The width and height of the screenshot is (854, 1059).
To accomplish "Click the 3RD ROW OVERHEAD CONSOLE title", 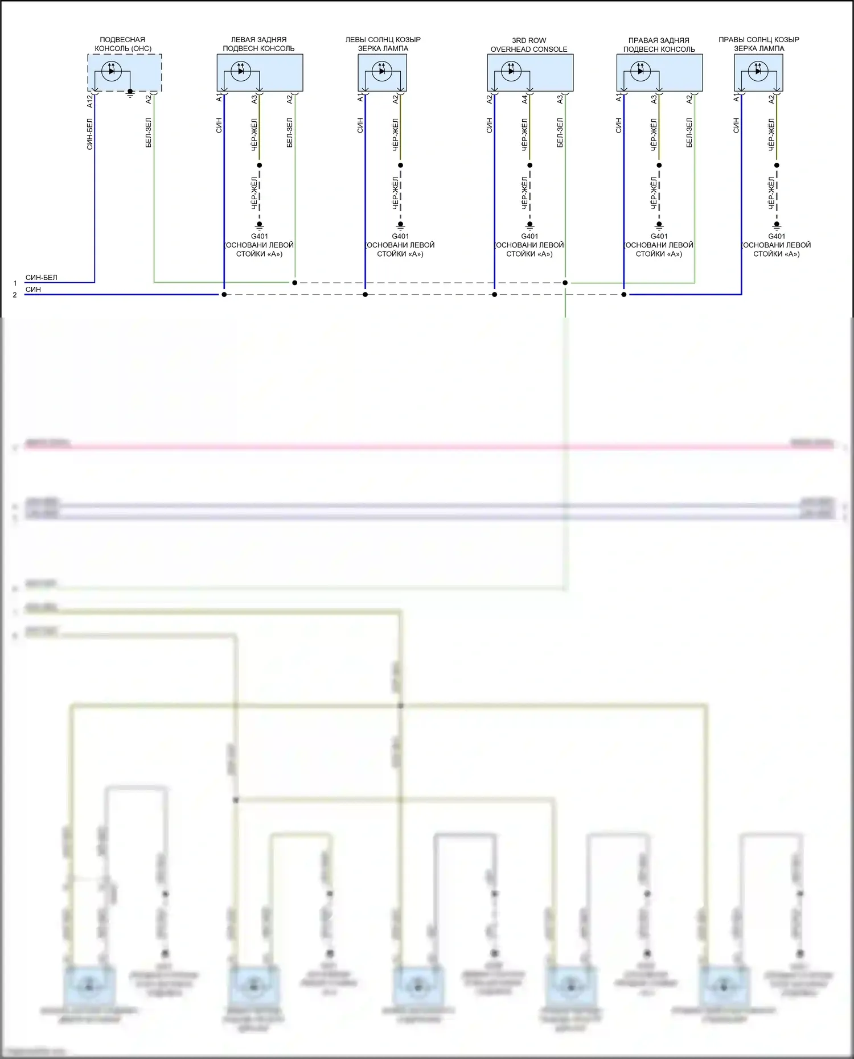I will pyautogui.click(x=529, y=45).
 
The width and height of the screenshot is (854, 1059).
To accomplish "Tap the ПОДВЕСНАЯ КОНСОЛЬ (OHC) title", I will pyautogui.click(x=123, y=44).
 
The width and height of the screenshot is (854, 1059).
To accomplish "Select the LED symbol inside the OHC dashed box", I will pyautogui.click(x=112, y=71).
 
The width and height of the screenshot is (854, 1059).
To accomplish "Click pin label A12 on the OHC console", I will pyautogui.click(x=90, y=101).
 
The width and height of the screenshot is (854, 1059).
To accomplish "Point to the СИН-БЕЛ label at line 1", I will pyautogui.click(x=41, y=278).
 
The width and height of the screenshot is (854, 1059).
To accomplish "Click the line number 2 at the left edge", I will pyautogui.click(x=15, y=295).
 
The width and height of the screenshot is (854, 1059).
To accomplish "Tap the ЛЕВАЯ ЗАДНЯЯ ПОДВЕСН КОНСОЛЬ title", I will pyautogui.click(x=258, y=44).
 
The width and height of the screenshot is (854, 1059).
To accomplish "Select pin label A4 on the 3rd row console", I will pyautogui.click(x=525, y=99).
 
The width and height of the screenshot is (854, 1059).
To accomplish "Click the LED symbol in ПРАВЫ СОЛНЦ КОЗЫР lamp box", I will pyautogui.click(x=758, y=71).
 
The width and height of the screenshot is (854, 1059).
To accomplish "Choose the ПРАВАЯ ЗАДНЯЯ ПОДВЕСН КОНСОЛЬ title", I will pyautogui.click(x=659, y=45).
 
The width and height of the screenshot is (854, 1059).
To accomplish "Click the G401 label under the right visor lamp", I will pyautogui.click(x=777, y=236).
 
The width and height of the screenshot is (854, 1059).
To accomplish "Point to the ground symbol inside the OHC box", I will pyautogui.click(x=130, y=92).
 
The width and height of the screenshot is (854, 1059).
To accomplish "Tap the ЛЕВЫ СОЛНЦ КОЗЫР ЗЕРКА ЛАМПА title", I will pyautogui.click(x=383, y=44).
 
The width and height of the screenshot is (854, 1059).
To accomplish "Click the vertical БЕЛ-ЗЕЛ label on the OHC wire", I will pyautogui.click(x=149, y=133).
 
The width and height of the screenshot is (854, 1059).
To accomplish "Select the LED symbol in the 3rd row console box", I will pyautogui.click(x=511, y=71).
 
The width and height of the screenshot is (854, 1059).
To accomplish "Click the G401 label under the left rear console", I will pyautogui.click(x=260, y=236).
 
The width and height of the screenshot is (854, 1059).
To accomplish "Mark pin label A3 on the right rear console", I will pyautogui.click(x=654, y=99).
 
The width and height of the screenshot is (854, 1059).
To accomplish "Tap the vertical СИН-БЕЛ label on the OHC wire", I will pyautogui.click(x=90, y=134).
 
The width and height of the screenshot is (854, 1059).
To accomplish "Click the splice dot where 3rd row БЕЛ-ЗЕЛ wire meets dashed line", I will pyautogui.click(x=565, y=283).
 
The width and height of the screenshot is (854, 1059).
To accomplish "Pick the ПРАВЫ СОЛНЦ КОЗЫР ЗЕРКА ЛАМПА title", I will pyautogui.click(x=758, y=44).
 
